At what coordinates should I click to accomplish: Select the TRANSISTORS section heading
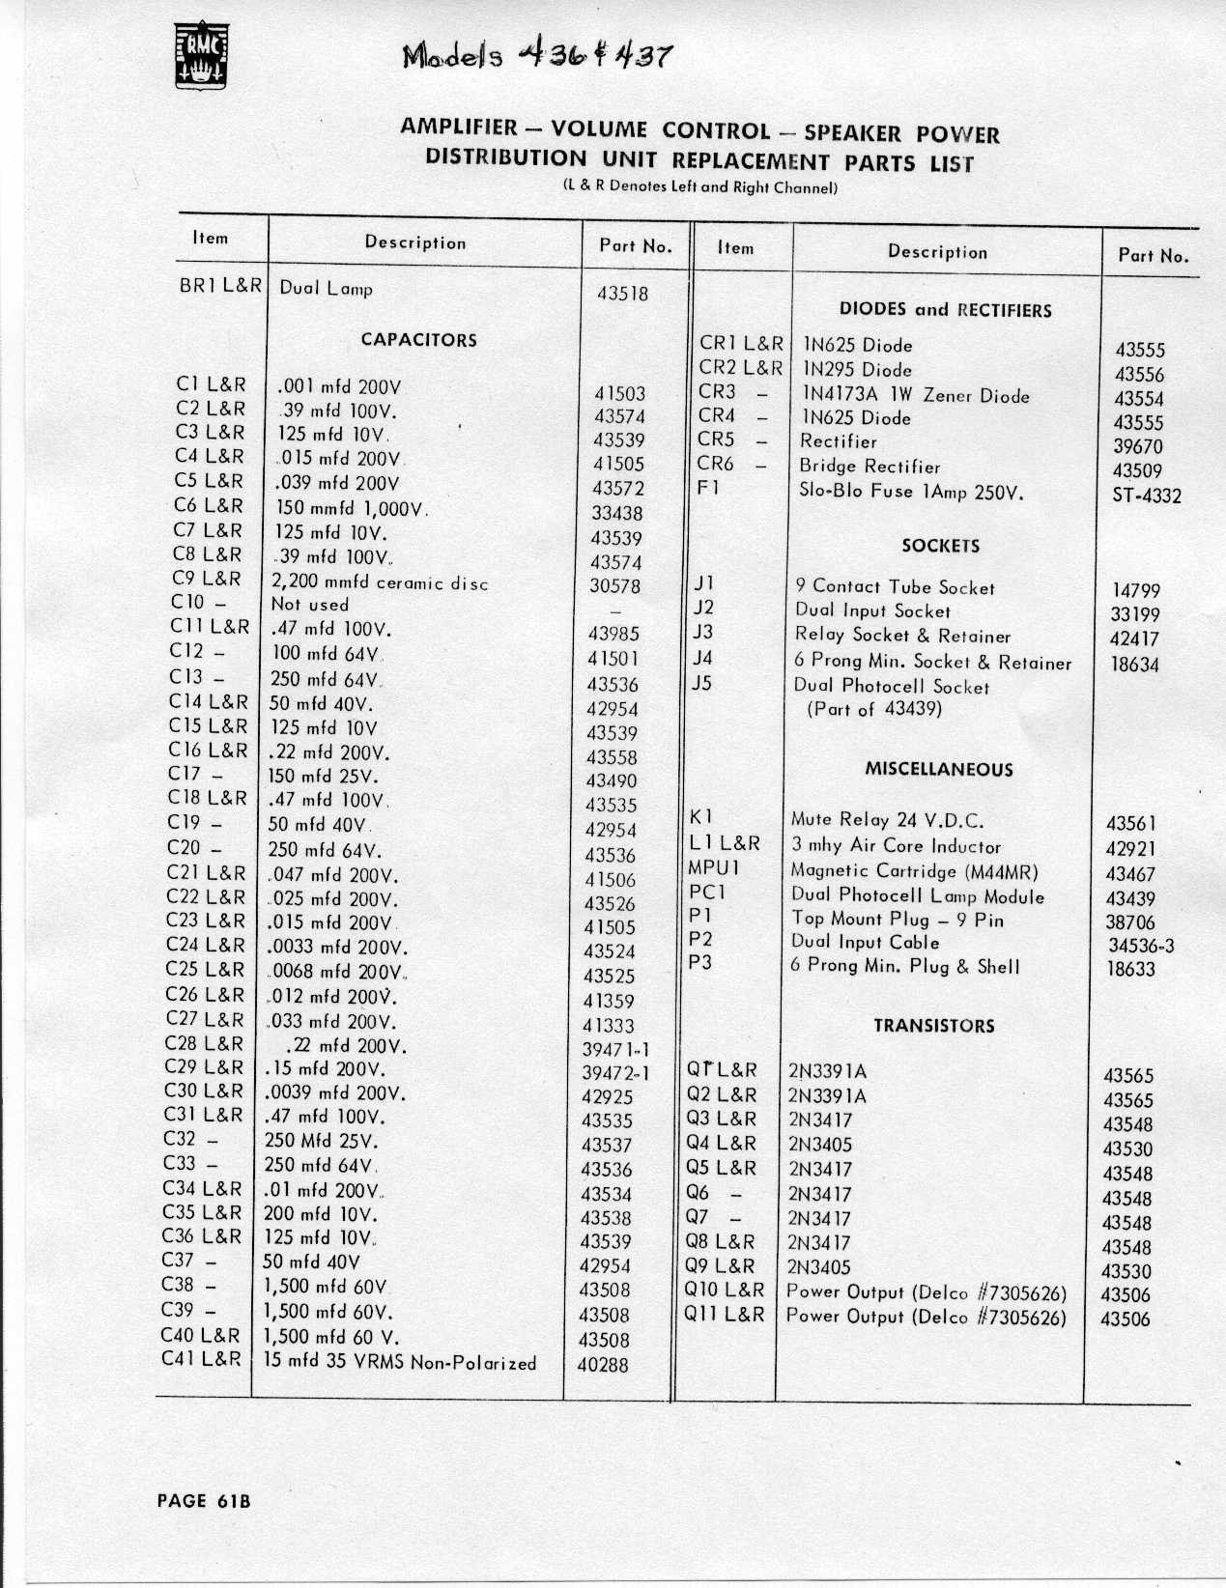coord(933,1026)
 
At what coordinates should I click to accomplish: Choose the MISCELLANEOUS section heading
coord(938,770)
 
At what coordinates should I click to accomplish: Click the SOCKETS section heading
coord(940,546)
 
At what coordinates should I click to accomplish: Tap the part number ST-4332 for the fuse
coord(1146,496)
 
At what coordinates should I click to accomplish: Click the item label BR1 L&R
coord(220,287)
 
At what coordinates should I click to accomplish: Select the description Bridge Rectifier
coord(870,467)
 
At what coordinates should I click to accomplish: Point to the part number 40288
coord(603,1365)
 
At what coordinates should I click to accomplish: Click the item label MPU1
coord(713,867)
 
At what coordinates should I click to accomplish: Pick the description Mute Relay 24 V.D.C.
coord(887,821)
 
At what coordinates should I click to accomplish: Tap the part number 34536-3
coord(1140,946)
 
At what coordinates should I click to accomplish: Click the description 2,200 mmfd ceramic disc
coord(380,582)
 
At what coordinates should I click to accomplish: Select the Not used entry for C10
coord(309,605)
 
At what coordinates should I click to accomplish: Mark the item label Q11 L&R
coord(724,1315)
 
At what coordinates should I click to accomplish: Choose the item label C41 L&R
coord(201,1359)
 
